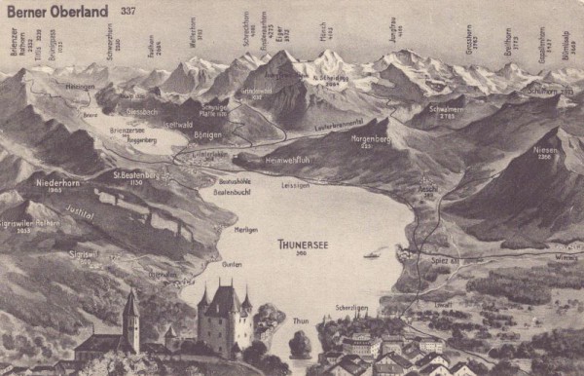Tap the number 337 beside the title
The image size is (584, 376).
(x=128, y=11)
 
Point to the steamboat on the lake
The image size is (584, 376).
(x=372, y=255)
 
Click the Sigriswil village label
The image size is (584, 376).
(x=83, y=252)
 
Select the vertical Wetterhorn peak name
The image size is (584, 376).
(x=193, y=33)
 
